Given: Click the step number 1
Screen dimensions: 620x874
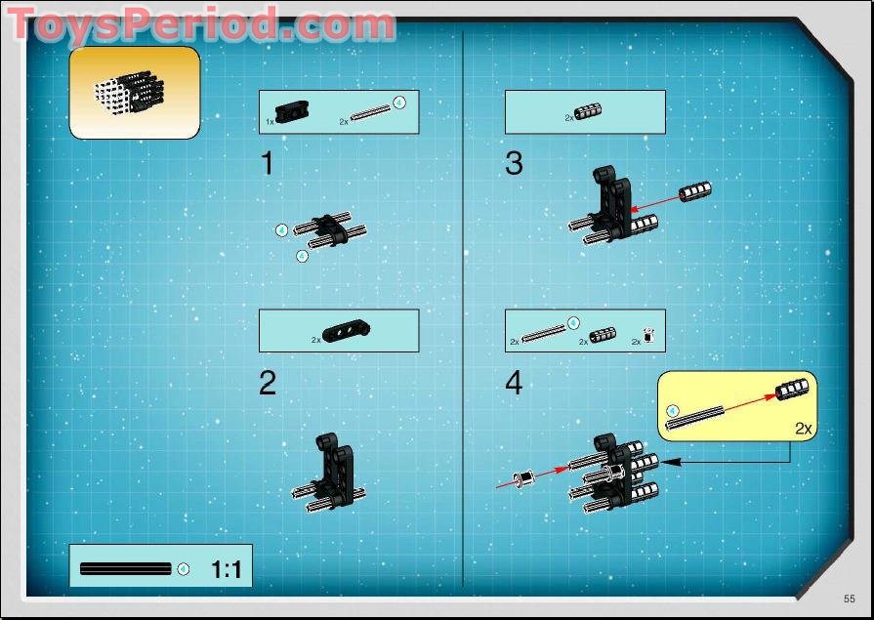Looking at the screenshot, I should click(x=267, y=164).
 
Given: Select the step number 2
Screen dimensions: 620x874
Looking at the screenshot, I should click(x=268, y=383).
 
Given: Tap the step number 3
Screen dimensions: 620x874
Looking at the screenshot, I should click(x=514, y=164).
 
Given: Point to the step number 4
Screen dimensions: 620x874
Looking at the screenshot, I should click(x=514, y=383).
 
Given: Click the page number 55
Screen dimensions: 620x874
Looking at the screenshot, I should click(x=850, y=599).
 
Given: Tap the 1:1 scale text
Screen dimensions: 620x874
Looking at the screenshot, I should click(x=226, y=569).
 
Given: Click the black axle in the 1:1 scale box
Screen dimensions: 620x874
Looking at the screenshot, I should click(x=125, y=569).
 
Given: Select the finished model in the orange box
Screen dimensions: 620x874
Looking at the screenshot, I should click(x=130, y=91).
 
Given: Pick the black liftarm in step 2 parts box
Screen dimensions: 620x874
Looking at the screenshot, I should click(x=344, y=333).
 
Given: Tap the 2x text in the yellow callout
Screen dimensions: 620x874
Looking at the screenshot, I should click(x=804, y=428).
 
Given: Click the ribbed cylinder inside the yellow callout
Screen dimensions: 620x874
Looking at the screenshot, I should click(x=792, y=390).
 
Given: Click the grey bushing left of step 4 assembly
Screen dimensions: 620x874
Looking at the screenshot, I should click(x=526, y=478).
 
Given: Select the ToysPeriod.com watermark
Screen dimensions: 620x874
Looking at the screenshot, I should click(x=202, y=24).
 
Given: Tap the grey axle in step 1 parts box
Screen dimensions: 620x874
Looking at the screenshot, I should click(x=371, y=113).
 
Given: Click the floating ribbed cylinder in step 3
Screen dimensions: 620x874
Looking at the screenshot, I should click(x=694, y=189).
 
